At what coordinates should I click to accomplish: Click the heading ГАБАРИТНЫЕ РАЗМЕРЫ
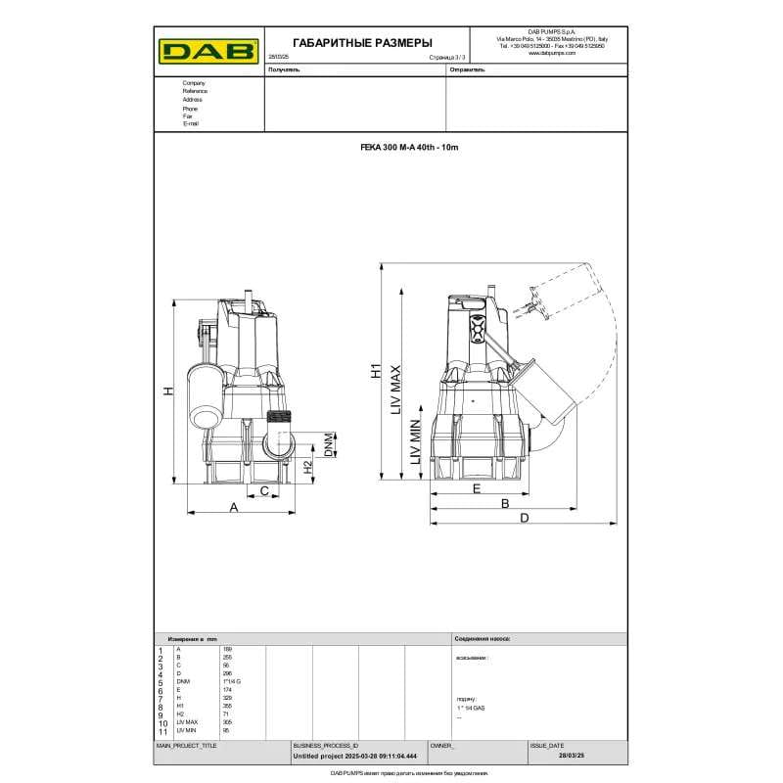(x=348, y=43)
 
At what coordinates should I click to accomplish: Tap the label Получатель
(x=284, y=71)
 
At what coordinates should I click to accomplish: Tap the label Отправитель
(x=467, y=71)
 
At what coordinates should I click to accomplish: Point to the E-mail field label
(x=191, y=124)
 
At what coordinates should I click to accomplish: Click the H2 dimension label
(x=306, y=468)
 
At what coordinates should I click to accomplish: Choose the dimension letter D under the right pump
(x=525, y=517)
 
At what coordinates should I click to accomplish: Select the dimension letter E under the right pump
(x=477, y=487)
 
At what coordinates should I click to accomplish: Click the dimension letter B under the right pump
(x=505, y=503)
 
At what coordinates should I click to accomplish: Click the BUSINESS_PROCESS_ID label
(x=326, y=745)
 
